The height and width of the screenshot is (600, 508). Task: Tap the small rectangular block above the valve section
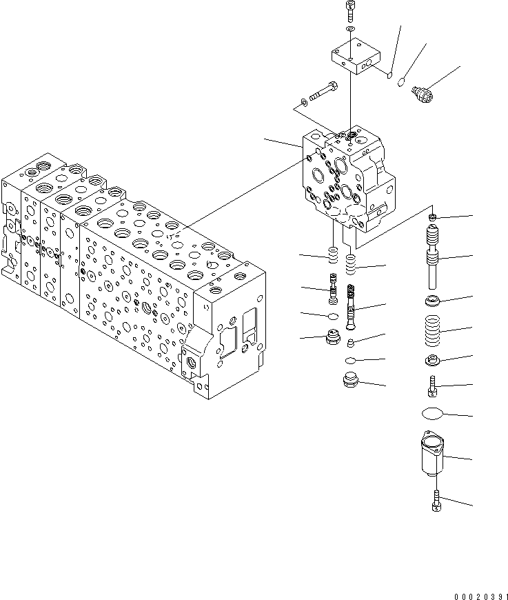coord(355,57)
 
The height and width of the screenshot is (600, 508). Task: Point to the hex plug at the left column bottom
coord(332,340)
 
